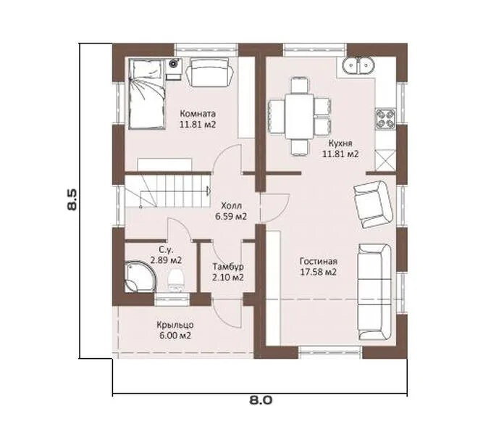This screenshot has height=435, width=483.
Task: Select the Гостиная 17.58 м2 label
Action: (319, 267)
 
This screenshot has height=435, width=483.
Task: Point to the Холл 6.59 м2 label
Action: (231, 211)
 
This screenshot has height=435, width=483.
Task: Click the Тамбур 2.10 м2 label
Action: (228, 272)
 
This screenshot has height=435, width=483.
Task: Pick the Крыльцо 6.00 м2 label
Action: (175, 330)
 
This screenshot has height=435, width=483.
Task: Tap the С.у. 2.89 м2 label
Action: (166, 254)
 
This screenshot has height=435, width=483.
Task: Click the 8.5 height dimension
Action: (72, 200)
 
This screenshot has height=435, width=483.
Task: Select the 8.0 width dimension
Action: (261, 400)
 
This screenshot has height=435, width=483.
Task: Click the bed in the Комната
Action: (146, 94)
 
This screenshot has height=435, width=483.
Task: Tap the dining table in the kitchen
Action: (299, 117)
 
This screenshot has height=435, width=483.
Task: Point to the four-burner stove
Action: (385, 119)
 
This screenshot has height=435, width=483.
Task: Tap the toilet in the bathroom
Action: (176, 280)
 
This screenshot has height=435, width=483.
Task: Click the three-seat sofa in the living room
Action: (374, 291)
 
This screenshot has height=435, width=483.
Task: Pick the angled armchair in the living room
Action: (373, 204)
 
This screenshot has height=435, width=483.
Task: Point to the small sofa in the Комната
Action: (209, 72)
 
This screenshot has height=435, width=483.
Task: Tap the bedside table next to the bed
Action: (174, 69)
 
